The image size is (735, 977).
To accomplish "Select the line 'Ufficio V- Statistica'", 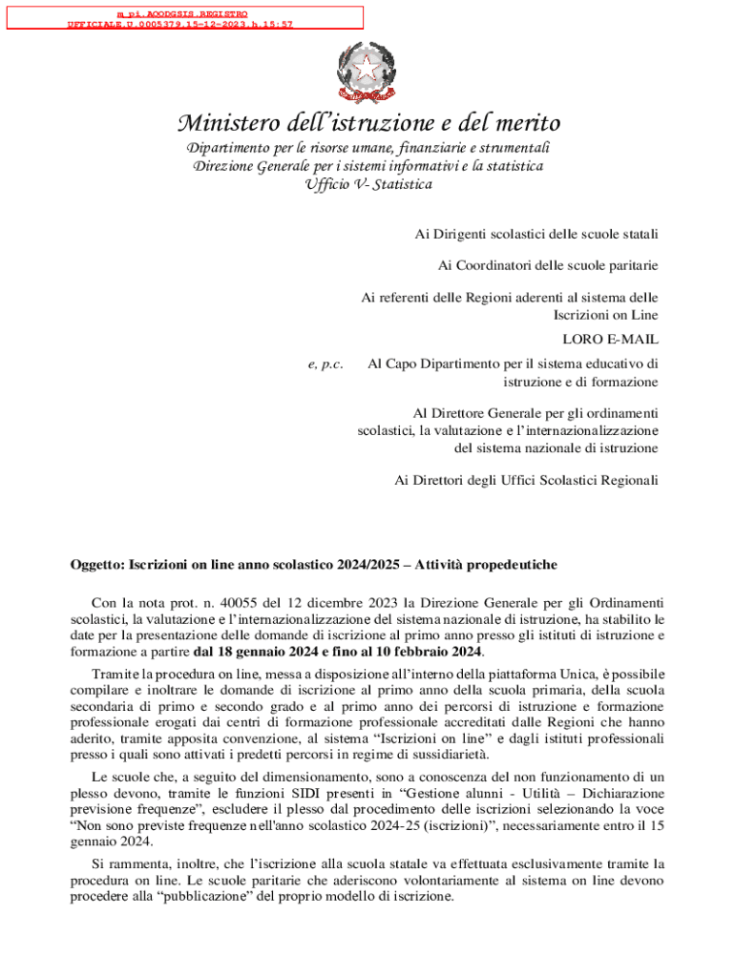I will point(367,183).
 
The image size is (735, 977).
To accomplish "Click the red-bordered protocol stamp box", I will point(182,17).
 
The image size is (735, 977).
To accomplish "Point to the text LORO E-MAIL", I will point(610,339).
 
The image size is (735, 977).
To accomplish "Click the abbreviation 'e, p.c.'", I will point(325,364).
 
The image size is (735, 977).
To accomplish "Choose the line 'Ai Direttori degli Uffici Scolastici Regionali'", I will point(526,480).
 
